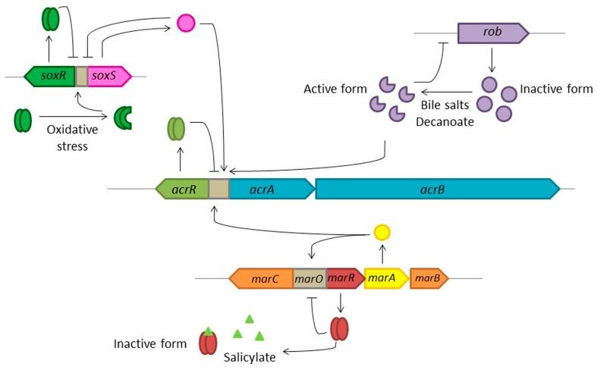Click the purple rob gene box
pyautogui.click(x=492, y=33)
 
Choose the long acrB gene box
pyautogui.click(x=437, y=189)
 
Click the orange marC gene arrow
pyautogui.click(x=261, y=278)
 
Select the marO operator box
pyautogui.click(x=309, y=278)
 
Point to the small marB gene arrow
pyautogui.click(x=428, y=278)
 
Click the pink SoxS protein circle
pyautogui.click(x=185, y=24)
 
